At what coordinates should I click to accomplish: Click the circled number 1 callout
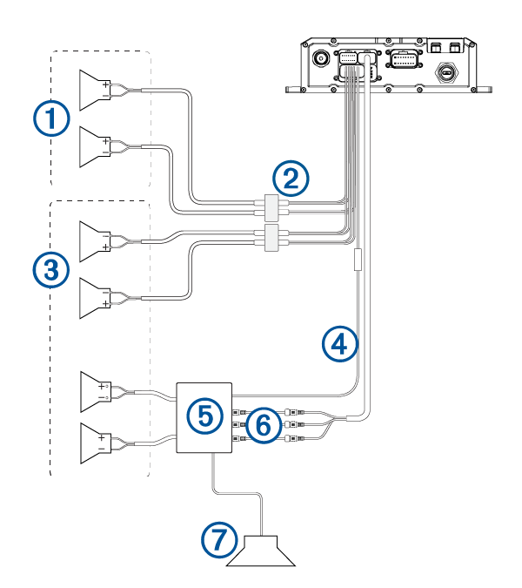(52, 118)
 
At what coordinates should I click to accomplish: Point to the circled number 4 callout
(339, 343)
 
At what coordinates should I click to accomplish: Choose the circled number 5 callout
(204, 416)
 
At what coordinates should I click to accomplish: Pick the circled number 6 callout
(264, 425)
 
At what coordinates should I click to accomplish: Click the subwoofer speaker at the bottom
(271, 550)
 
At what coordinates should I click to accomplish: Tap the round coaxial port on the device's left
(321, 58)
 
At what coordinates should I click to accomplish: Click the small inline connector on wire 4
(358, 260)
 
